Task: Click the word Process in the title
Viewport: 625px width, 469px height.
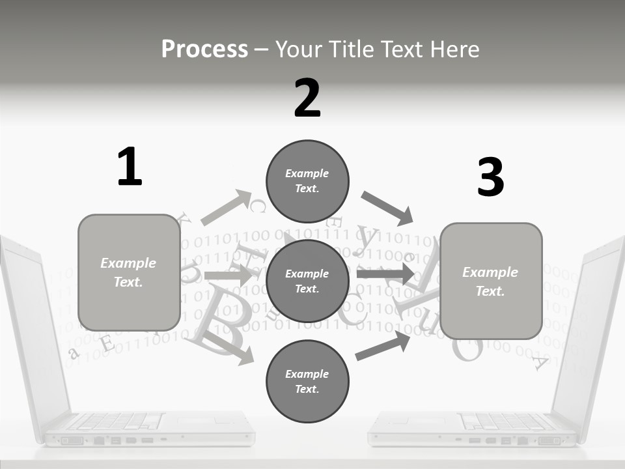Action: click(204, 50)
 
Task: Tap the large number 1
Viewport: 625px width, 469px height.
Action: click(130, 167)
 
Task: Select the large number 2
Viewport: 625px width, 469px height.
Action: click(307, 98)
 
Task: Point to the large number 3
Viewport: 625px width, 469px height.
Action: click(490, 178)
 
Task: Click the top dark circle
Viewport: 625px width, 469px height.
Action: click(307, 181)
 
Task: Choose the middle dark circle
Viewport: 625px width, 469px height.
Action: click(307, 281)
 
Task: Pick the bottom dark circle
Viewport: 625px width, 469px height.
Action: click(307, 381)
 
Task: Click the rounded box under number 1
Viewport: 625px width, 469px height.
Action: click(129, 272)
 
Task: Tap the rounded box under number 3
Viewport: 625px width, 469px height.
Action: click(491, 281)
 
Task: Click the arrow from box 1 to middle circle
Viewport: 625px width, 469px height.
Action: click(227, 276)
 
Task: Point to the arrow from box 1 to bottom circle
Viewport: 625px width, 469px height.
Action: click(229, 346)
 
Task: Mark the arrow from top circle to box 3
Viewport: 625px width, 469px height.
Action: click(387, 208)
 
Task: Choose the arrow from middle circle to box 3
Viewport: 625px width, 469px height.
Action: click(385, 274)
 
